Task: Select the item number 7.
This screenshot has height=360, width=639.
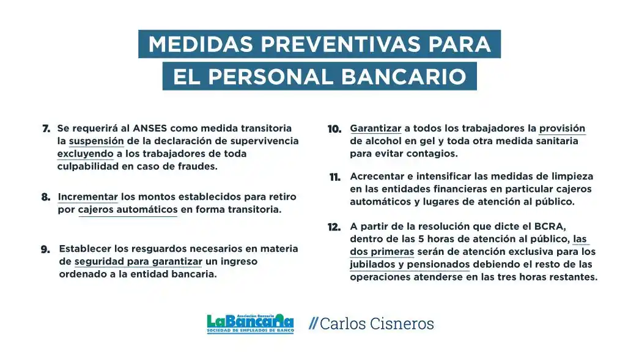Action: tap(46, 129)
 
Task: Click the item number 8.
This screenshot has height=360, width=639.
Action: tap(46, 197)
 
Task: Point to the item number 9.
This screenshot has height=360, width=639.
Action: tap(46, 249)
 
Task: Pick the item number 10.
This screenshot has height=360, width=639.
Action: tap(334, 129)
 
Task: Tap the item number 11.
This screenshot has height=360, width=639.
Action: tap(334, 177)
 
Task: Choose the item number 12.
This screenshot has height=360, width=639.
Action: tap(334, 227)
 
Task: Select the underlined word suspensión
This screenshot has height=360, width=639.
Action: tap(96, 141)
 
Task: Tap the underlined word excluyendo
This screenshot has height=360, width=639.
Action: tap(85, 153)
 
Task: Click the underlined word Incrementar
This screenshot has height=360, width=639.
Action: tap(87, 197)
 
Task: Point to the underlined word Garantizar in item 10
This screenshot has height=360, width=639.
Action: tap(375, 128)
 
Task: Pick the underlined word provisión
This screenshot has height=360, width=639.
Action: tap(561, 128)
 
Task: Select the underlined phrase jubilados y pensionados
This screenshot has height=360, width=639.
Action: tap(410, 265)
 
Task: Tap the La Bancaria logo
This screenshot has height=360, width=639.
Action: tap(250, 323)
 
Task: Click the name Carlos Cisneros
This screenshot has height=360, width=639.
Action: tap(377, 323)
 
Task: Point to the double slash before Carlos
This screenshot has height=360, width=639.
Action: tap(313, 323)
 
